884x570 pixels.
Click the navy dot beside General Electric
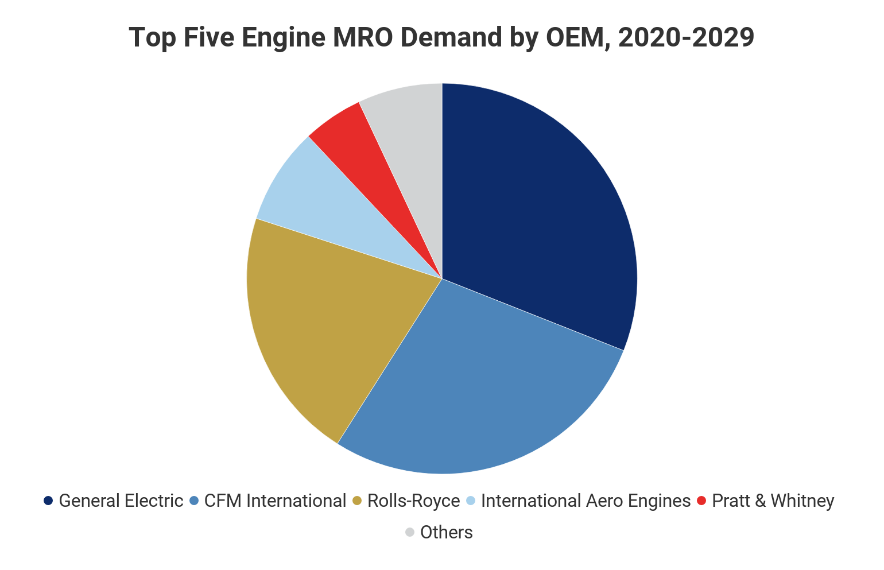(49, 501)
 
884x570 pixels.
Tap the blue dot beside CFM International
(194, 501)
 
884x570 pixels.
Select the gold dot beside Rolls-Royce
(357, 501)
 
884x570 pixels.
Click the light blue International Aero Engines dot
(471, 501)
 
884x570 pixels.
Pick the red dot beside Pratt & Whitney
(701, 501)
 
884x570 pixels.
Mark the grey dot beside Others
(410, 532)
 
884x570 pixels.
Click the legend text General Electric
(121, 501)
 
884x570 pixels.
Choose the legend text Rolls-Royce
(413, 501)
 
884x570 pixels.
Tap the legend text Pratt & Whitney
(773, 501)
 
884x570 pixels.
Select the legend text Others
(447, 532)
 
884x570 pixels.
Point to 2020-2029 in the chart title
(687, 38)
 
